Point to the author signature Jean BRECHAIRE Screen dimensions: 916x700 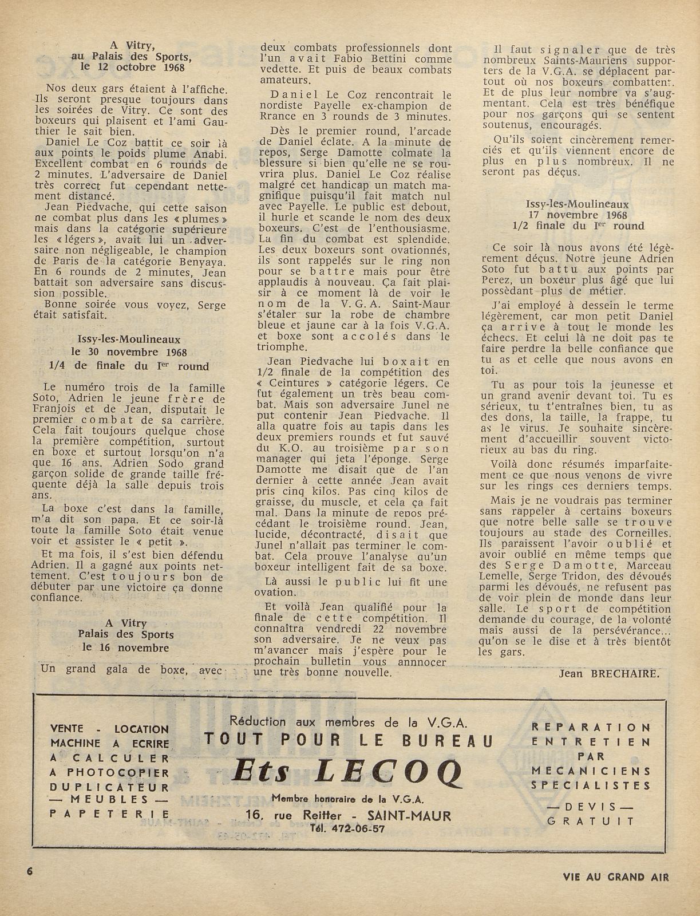point(609,673)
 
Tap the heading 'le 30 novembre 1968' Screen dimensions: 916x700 point(129,352)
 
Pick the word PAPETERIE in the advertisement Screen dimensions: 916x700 point(110,814)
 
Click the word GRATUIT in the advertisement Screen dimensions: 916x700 point(591,820)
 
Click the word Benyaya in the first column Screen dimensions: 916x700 point(201,262)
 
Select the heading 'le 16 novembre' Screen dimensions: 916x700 point(125,648)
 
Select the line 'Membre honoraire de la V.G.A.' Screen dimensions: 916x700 point(348,799)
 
